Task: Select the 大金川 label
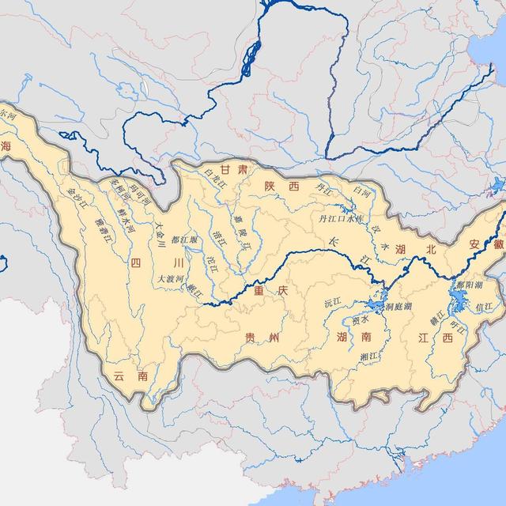(160, 235)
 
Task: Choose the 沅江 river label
(332, 302)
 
